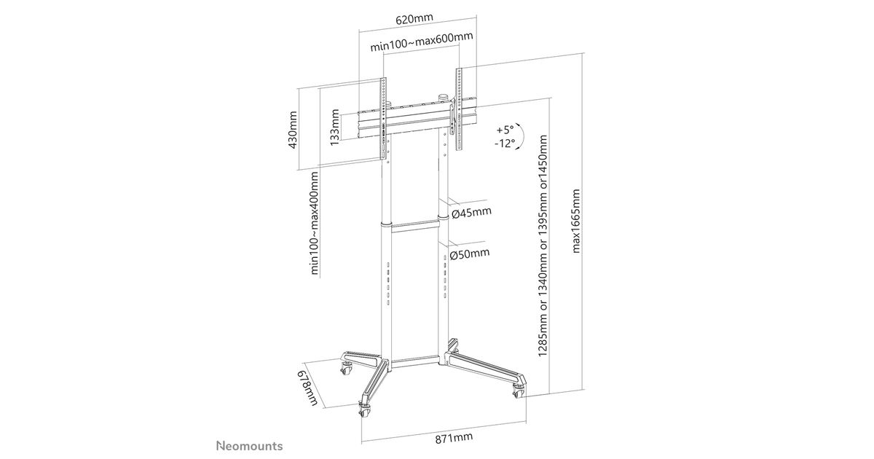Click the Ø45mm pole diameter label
(x=471, y=213)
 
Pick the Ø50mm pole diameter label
(x=470, y=254)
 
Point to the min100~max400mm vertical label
(x=315, y=223)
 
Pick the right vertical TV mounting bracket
(x=459, y=109)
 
